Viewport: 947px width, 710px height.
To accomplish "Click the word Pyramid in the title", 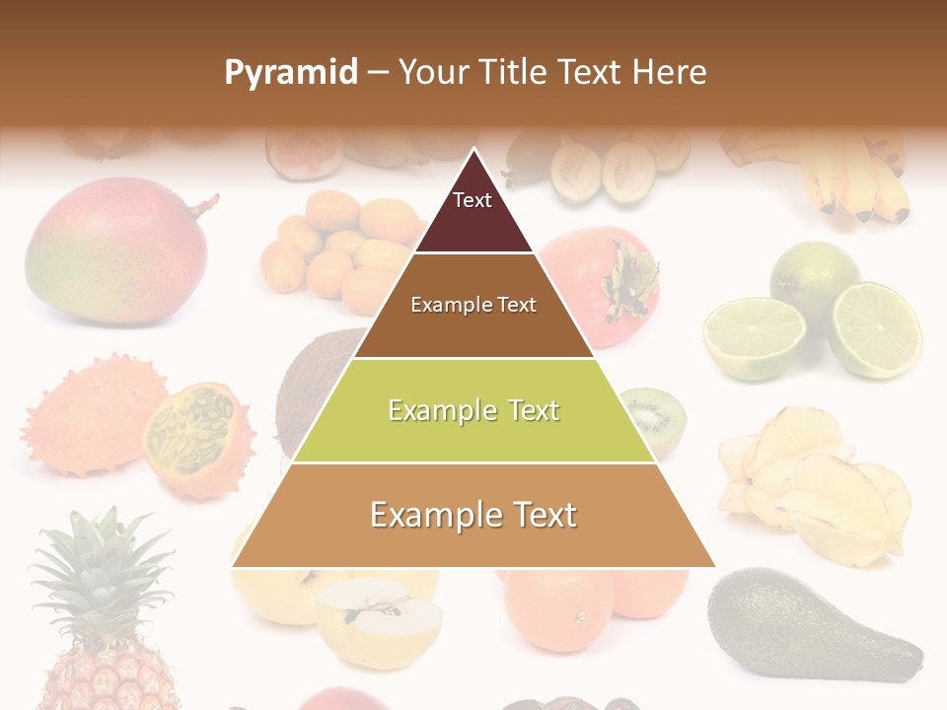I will pyautogui.click(x=291, y=73).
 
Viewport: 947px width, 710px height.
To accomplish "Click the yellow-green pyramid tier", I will pyautogui.click(x=473, y=411).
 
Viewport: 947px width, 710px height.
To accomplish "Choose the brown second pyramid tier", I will pyautogui.click(x=473, y=306).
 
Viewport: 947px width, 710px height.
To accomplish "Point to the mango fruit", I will pyautogui.click(x=113, y=251).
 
